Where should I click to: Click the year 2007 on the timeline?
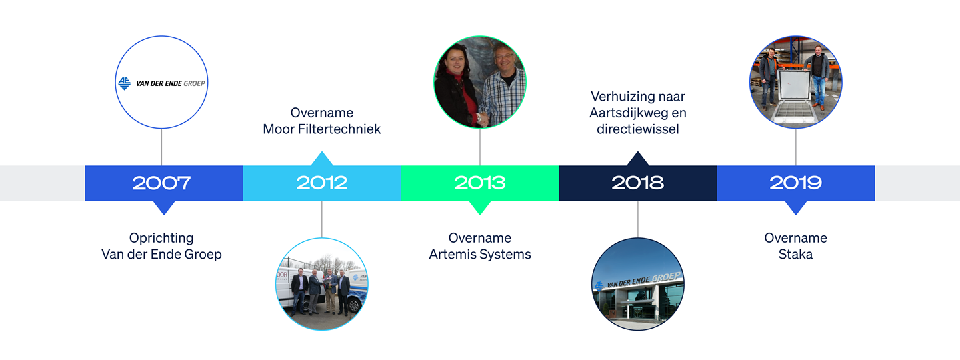161,183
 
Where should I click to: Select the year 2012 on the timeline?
322,183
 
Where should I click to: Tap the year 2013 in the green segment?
480,183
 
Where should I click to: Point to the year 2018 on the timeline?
638,183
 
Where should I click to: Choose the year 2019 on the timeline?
796,183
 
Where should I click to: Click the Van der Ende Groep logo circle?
161,82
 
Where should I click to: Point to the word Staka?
795,254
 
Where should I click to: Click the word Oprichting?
161,238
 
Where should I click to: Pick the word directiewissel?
638,129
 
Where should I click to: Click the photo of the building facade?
638,284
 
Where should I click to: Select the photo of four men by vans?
322,284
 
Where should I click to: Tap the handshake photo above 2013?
480,82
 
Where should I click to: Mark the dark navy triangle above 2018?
638,159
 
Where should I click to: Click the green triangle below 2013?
480,207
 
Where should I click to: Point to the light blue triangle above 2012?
322,159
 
